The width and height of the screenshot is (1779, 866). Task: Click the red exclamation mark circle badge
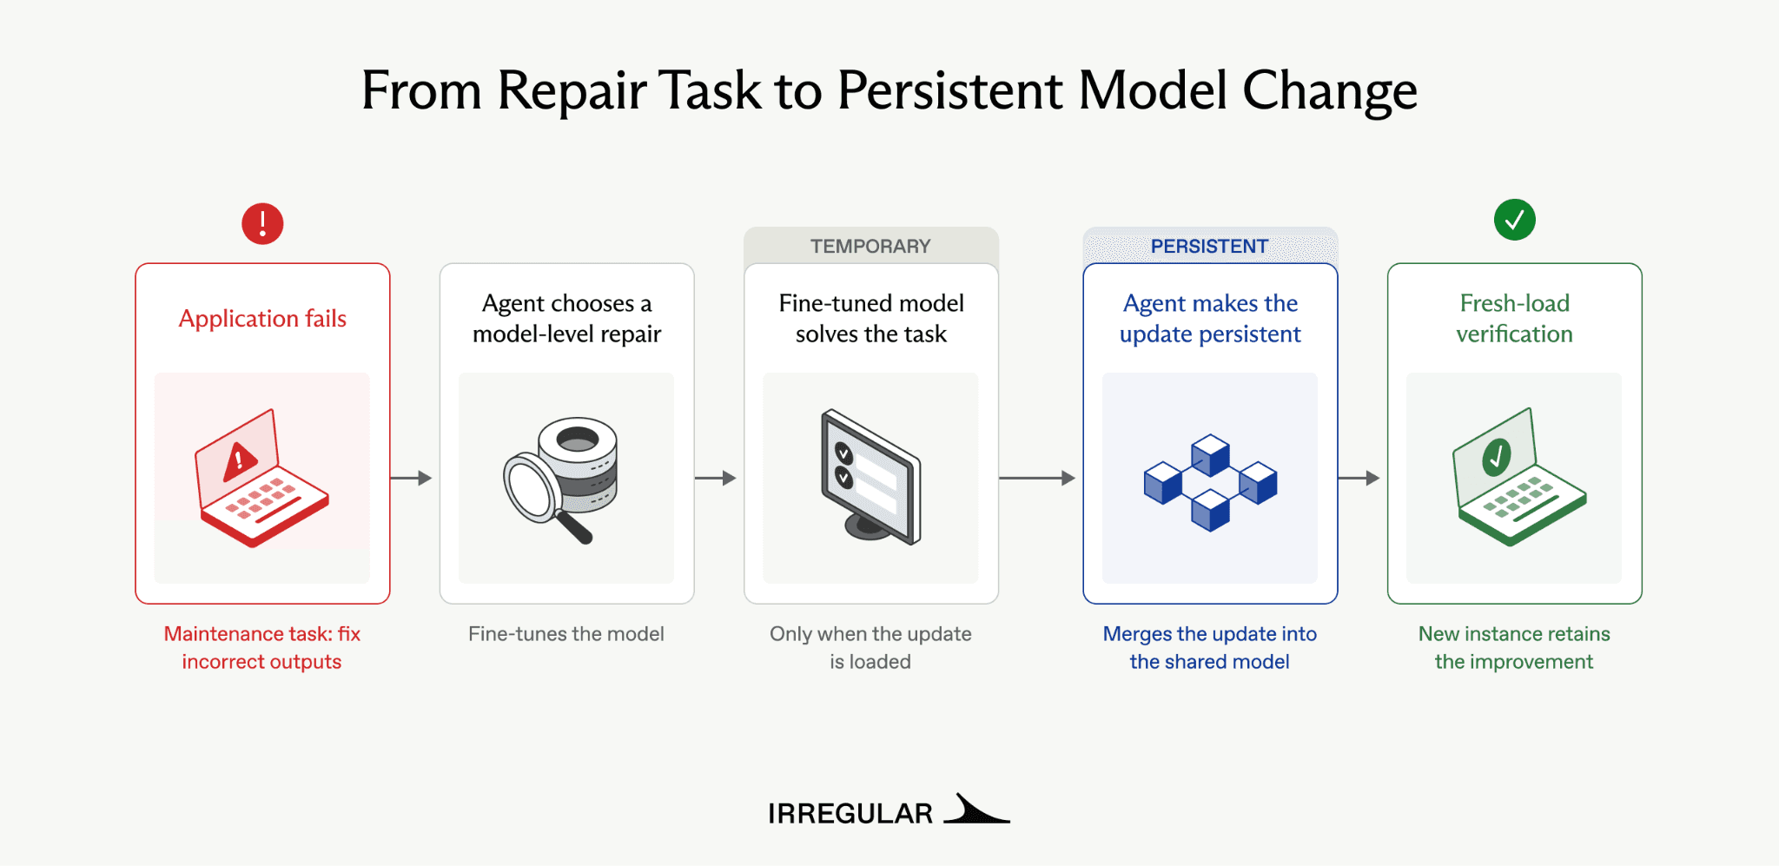262,223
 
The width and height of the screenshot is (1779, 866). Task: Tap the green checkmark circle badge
1514,220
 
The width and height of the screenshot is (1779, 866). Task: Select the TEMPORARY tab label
870,247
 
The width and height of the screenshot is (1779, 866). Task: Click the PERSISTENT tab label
1209,247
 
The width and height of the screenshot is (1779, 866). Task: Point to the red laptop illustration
261,478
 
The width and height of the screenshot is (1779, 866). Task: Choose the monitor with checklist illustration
870,477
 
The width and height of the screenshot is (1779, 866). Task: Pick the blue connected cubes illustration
1210,482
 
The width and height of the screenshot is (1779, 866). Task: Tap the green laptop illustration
1519,477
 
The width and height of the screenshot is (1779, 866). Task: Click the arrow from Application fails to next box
411,478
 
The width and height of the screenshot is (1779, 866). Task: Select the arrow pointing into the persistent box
1037,478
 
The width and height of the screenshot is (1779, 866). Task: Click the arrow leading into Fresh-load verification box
1359,478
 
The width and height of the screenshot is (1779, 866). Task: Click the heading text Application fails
262,319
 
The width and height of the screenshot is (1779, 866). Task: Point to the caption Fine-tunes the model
566,634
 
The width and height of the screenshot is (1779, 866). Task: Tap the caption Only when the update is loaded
870,648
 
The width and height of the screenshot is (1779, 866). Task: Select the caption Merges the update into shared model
1209,648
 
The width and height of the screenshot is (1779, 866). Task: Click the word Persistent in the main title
950,90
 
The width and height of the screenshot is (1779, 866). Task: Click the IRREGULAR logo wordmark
850,814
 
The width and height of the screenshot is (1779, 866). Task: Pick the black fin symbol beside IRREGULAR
976,808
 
